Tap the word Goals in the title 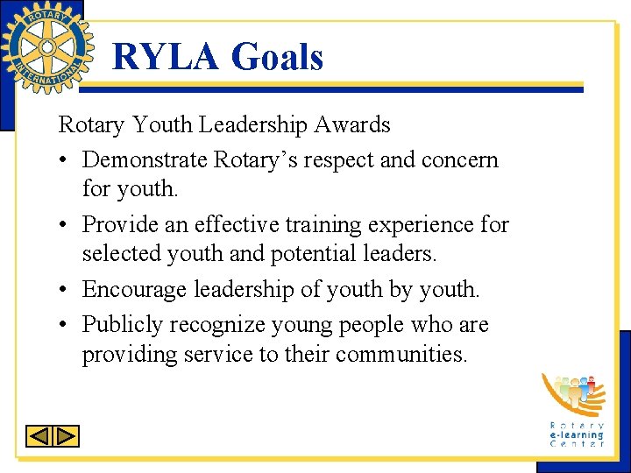coord(277,58)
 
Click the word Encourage coord(131,290)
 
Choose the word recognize coord(217,325)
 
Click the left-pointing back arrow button coord(39,435)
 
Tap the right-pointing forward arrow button coord(67,435)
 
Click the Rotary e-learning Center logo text coord(576,434)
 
